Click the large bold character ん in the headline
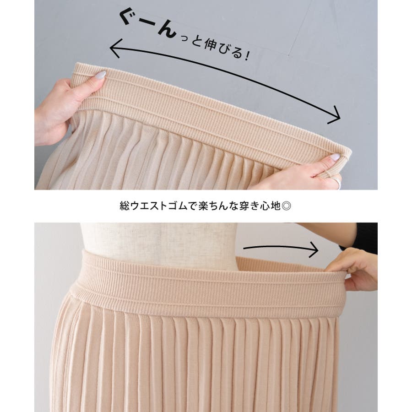(166, 31)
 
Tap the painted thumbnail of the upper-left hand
(100, 75)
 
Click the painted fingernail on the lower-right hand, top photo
(335, 157)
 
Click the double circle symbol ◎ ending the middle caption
(286, 206)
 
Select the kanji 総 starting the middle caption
(125, 206)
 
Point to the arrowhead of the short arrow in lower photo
(314, 249)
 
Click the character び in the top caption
(223, 49)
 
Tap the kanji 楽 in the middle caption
(203, 206)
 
